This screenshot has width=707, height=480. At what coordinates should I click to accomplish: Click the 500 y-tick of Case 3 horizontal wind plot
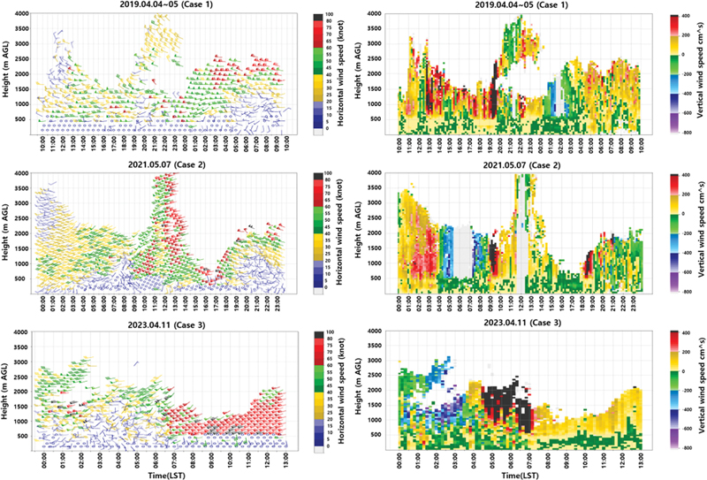30,435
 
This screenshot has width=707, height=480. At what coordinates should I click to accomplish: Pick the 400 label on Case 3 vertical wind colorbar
681,332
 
